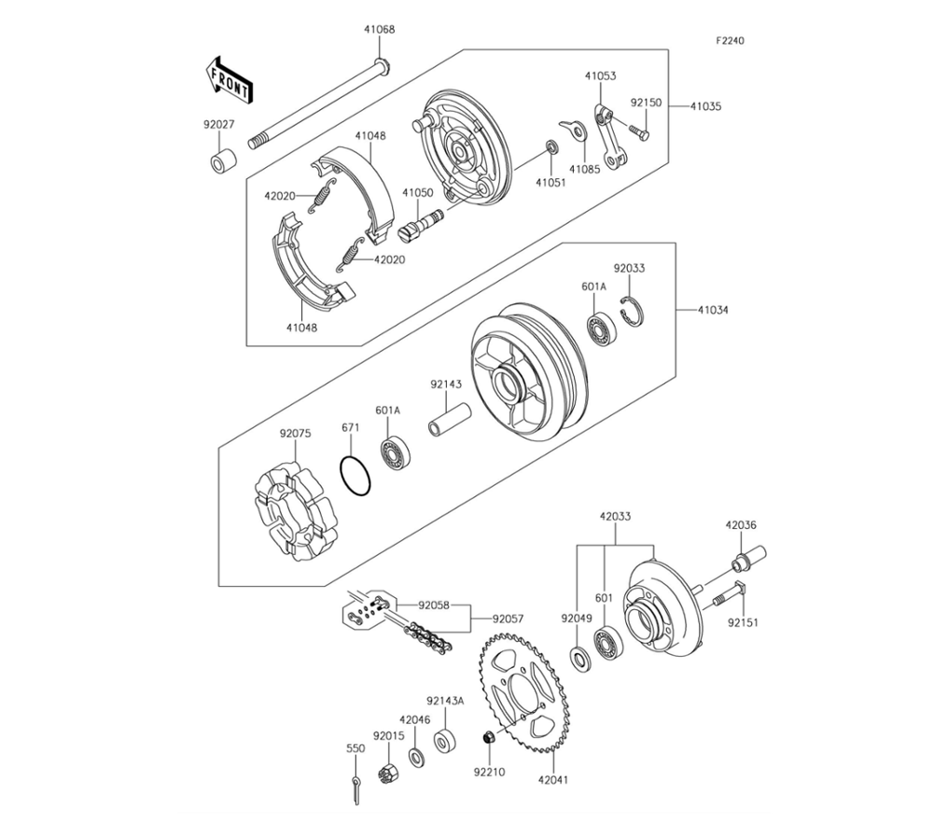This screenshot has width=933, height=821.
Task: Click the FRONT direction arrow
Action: (230, 80)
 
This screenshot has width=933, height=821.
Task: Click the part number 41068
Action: (380, 29)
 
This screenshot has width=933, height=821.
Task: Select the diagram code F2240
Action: (730, 40)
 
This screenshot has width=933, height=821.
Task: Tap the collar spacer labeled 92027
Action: (223, 161)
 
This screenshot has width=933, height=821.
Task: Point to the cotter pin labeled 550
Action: (355, 789)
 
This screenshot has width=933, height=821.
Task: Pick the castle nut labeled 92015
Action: (388, 773)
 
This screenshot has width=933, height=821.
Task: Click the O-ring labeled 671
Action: (355, 476)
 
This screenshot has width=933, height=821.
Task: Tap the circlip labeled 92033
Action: (632, 311)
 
